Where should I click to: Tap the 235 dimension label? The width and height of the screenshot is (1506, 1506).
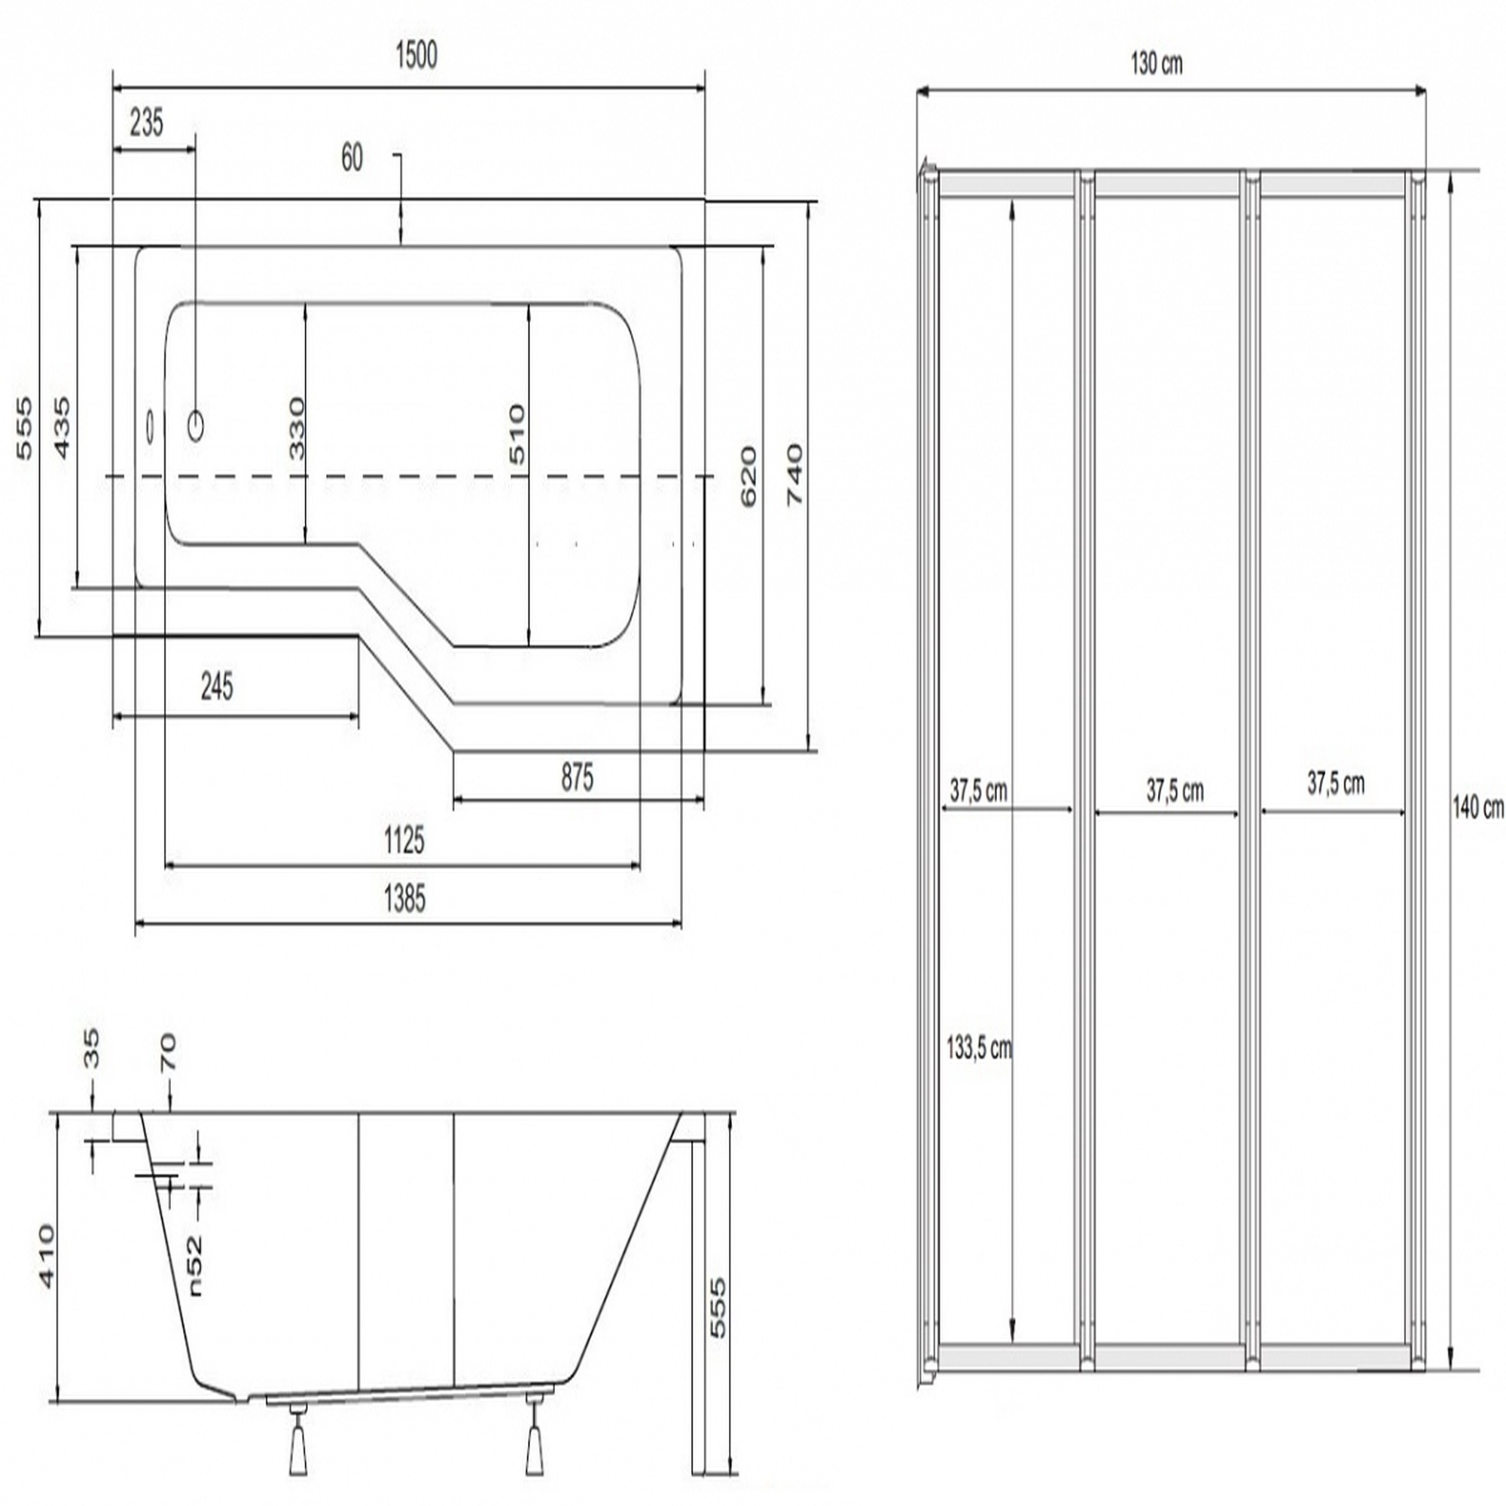(147, 123)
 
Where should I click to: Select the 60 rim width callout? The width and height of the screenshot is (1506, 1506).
(352, 158)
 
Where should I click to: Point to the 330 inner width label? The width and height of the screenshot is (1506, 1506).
(296, 428)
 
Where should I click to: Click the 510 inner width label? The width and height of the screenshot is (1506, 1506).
(517, 434)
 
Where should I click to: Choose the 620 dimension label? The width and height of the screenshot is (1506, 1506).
(748, 477)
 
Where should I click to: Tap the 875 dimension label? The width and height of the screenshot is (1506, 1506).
(577, 777)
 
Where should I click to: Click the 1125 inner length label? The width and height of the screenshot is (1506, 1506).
(404, 841)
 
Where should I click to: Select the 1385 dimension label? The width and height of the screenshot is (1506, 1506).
(405, 900)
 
